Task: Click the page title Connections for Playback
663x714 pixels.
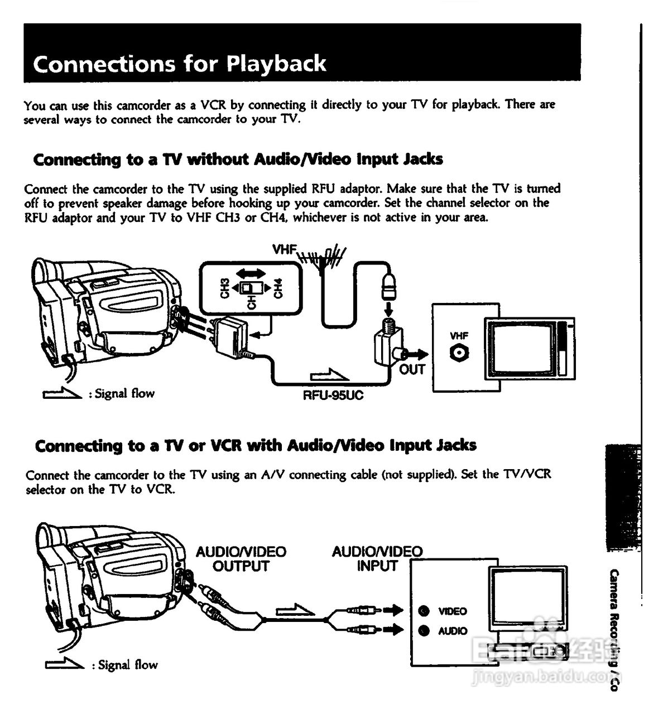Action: pyautogui.click(x=179, y=64)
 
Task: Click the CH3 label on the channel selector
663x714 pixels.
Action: pyautogui.click(x=225, y=288)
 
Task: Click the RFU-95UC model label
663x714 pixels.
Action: pyautogui.click(x=333, y=395)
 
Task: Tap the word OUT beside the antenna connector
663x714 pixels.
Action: pyautogui.click(x=412, y=369)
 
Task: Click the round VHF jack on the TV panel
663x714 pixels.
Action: pyautogui.click(x=459, y=353)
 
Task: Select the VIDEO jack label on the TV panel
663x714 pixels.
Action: pyautogui.click(x=453, y=611)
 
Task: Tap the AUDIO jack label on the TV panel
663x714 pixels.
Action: pyautogui.click(x=453, y=631)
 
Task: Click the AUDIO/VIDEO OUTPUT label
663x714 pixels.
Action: pyautogui.click(x=241, y=559)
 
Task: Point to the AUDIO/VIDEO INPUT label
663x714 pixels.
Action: pyautogui.click(x=377, y=559)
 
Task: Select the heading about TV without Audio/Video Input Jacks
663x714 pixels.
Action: pyautogui.click(x=238, y=160)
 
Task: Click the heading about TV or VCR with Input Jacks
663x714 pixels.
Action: pyautogui.click(x=256, y=446)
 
